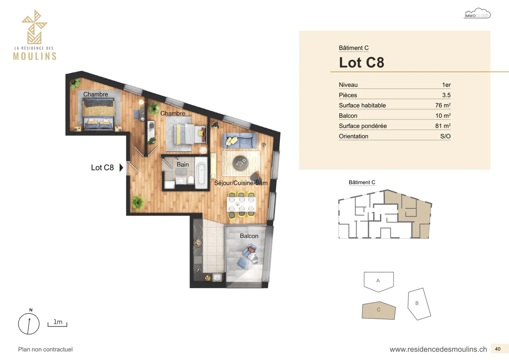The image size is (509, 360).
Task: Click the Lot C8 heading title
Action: pyautogui.click(x=361, y=63)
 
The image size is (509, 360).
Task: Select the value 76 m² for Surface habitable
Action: pyautogui.click(x=443, y=105)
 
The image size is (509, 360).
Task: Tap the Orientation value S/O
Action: pyautogui.click(x=445, y=136)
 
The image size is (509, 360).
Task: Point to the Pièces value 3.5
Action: pyautogui.click(x=446, y=95)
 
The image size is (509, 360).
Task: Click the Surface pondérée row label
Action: pyautogui.click(x=363, y=126)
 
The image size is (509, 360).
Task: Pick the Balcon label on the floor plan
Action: pyautogui.click(x=249, y=236)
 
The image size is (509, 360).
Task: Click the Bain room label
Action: pyautogui.click(x=182, y=164)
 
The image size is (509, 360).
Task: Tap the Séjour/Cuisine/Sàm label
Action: pyautogui.click(x=241, y=183)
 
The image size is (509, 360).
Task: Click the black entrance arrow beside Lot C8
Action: pyautogui.click(x=121, y=168)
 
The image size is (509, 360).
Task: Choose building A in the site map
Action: pyautogui.click(x=379, y=281)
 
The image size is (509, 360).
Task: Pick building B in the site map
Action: pyautogui.click(x=419, y=304)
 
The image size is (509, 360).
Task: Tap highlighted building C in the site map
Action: pyautogui.click(x=379, y=310)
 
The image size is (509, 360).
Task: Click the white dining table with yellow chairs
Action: pyautogui.click(x=241, y=204)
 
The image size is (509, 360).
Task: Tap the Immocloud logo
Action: pyautogui.click(x=477, y=14)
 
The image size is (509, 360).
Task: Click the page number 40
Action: pyautogui.click(x=498, y=349)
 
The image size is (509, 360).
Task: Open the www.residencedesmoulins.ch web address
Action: pyautogui.click(x=438, y=349)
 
